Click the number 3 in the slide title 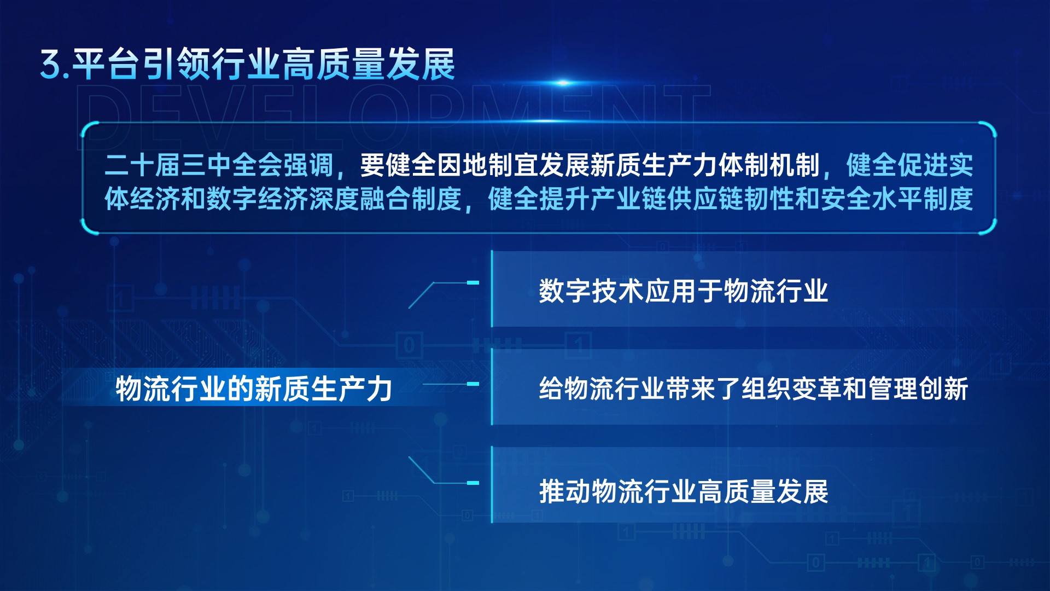(x=52, y=65)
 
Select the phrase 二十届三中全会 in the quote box (x=193, y=165)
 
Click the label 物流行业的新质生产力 (x=254, y=389)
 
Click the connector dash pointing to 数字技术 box (x=472, y=283)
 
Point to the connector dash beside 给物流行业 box (x=472, y=384)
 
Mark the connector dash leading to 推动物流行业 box (x=472, y=483)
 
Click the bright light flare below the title (x=563, y=83)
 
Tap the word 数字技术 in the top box (x=591, y=291)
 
